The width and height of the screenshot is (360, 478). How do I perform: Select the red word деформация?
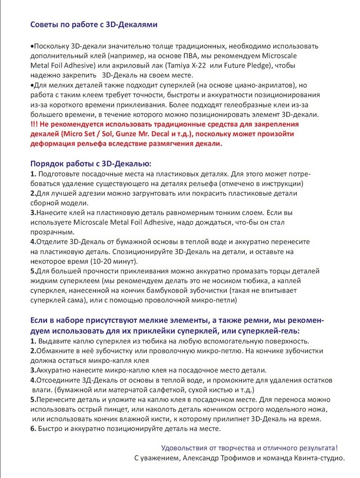(53, 144)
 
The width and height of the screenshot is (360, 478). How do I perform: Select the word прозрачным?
(52, 232)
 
